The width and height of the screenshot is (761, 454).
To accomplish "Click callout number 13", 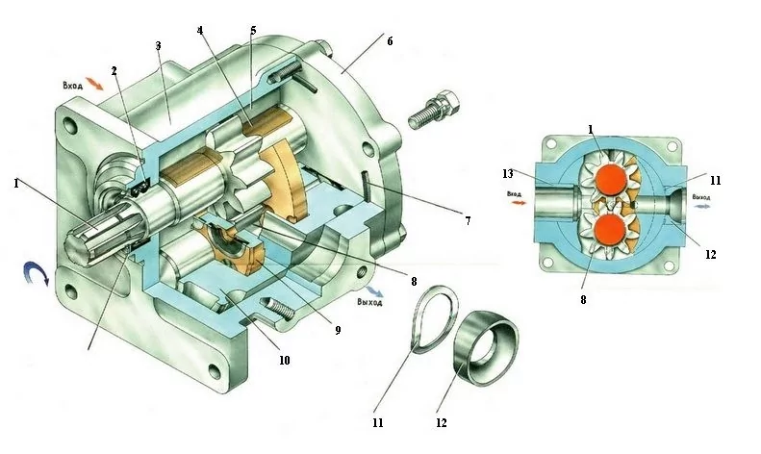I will coord(509,174).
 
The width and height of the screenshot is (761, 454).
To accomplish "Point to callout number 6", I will coord(391,42).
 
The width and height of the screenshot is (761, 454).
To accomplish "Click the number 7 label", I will coord(467,220).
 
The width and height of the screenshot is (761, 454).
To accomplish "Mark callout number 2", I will coord(114,70).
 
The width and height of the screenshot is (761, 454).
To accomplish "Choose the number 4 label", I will coord(200,29).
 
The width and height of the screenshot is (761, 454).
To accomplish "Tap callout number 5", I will coord(252,30).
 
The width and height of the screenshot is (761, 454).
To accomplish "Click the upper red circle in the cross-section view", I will coord(608,180).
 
